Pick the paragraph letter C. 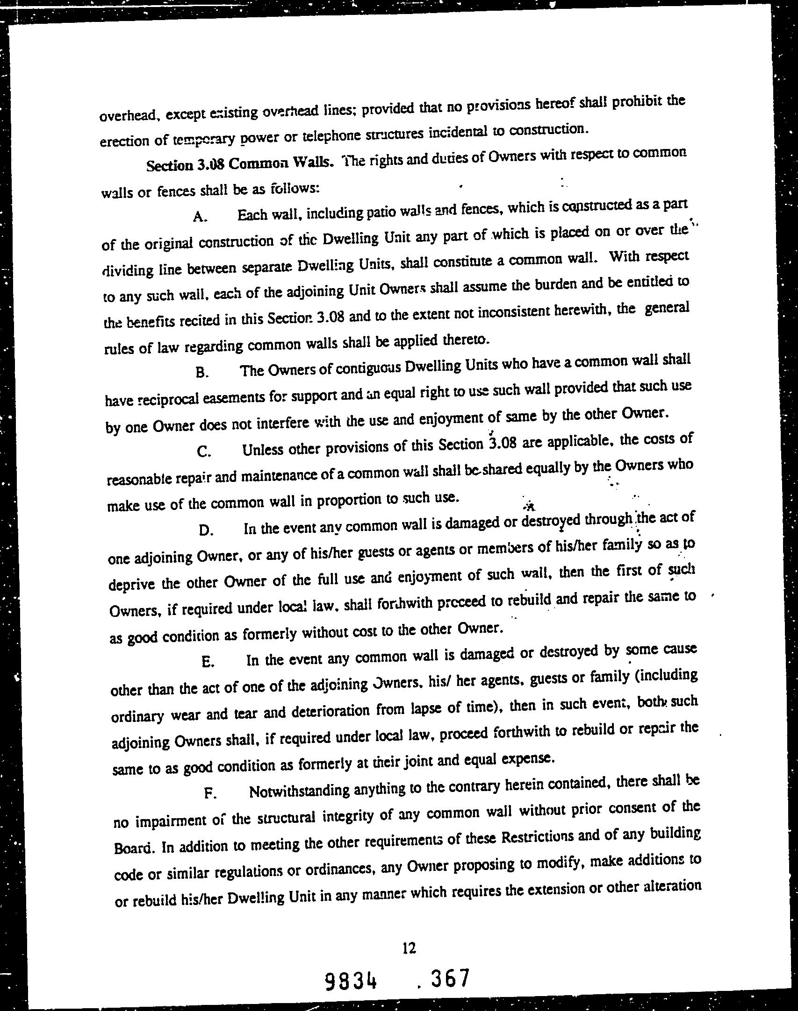[203, 452]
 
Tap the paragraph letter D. [205, 530]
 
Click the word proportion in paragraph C [349, 501]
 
